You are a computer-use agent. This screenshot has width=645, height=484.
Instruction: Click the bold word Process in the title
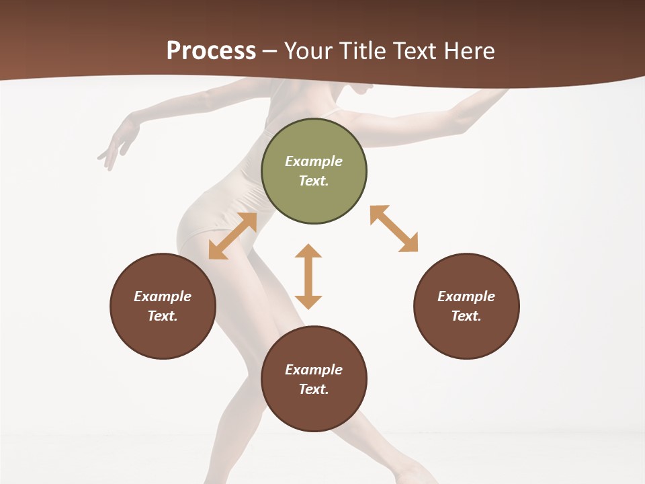pos(211,51)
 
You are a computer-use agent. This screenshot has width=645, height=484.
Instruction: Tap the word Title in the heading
pos(362,51)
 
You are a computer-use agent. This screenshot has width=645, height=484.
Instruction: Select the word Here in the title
pos(468,51)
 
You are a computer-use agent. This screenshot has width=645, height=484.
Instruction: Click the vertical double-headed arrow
pos(308,276)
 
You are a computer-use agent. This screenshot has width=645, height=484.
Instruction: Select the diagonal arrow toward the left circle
pos(232,236)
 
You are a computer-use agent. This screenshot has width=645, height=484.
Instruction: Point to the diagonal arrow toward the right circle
pos(394,229)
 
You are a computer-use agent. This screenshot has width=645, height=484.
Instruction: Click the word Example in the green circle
pos(314,161)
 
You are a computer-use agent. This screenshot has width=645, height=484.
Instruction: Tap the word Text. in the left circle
pos(163,316)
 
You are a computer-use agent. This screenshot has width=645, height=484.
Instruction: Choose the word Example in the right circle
pos(466,296)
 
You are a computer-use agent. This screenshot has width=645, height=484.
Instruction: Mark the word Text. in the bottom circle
pos(314,389)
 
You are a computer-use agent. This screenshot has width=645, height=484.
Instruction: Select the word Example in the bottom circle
pos(314,370)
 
